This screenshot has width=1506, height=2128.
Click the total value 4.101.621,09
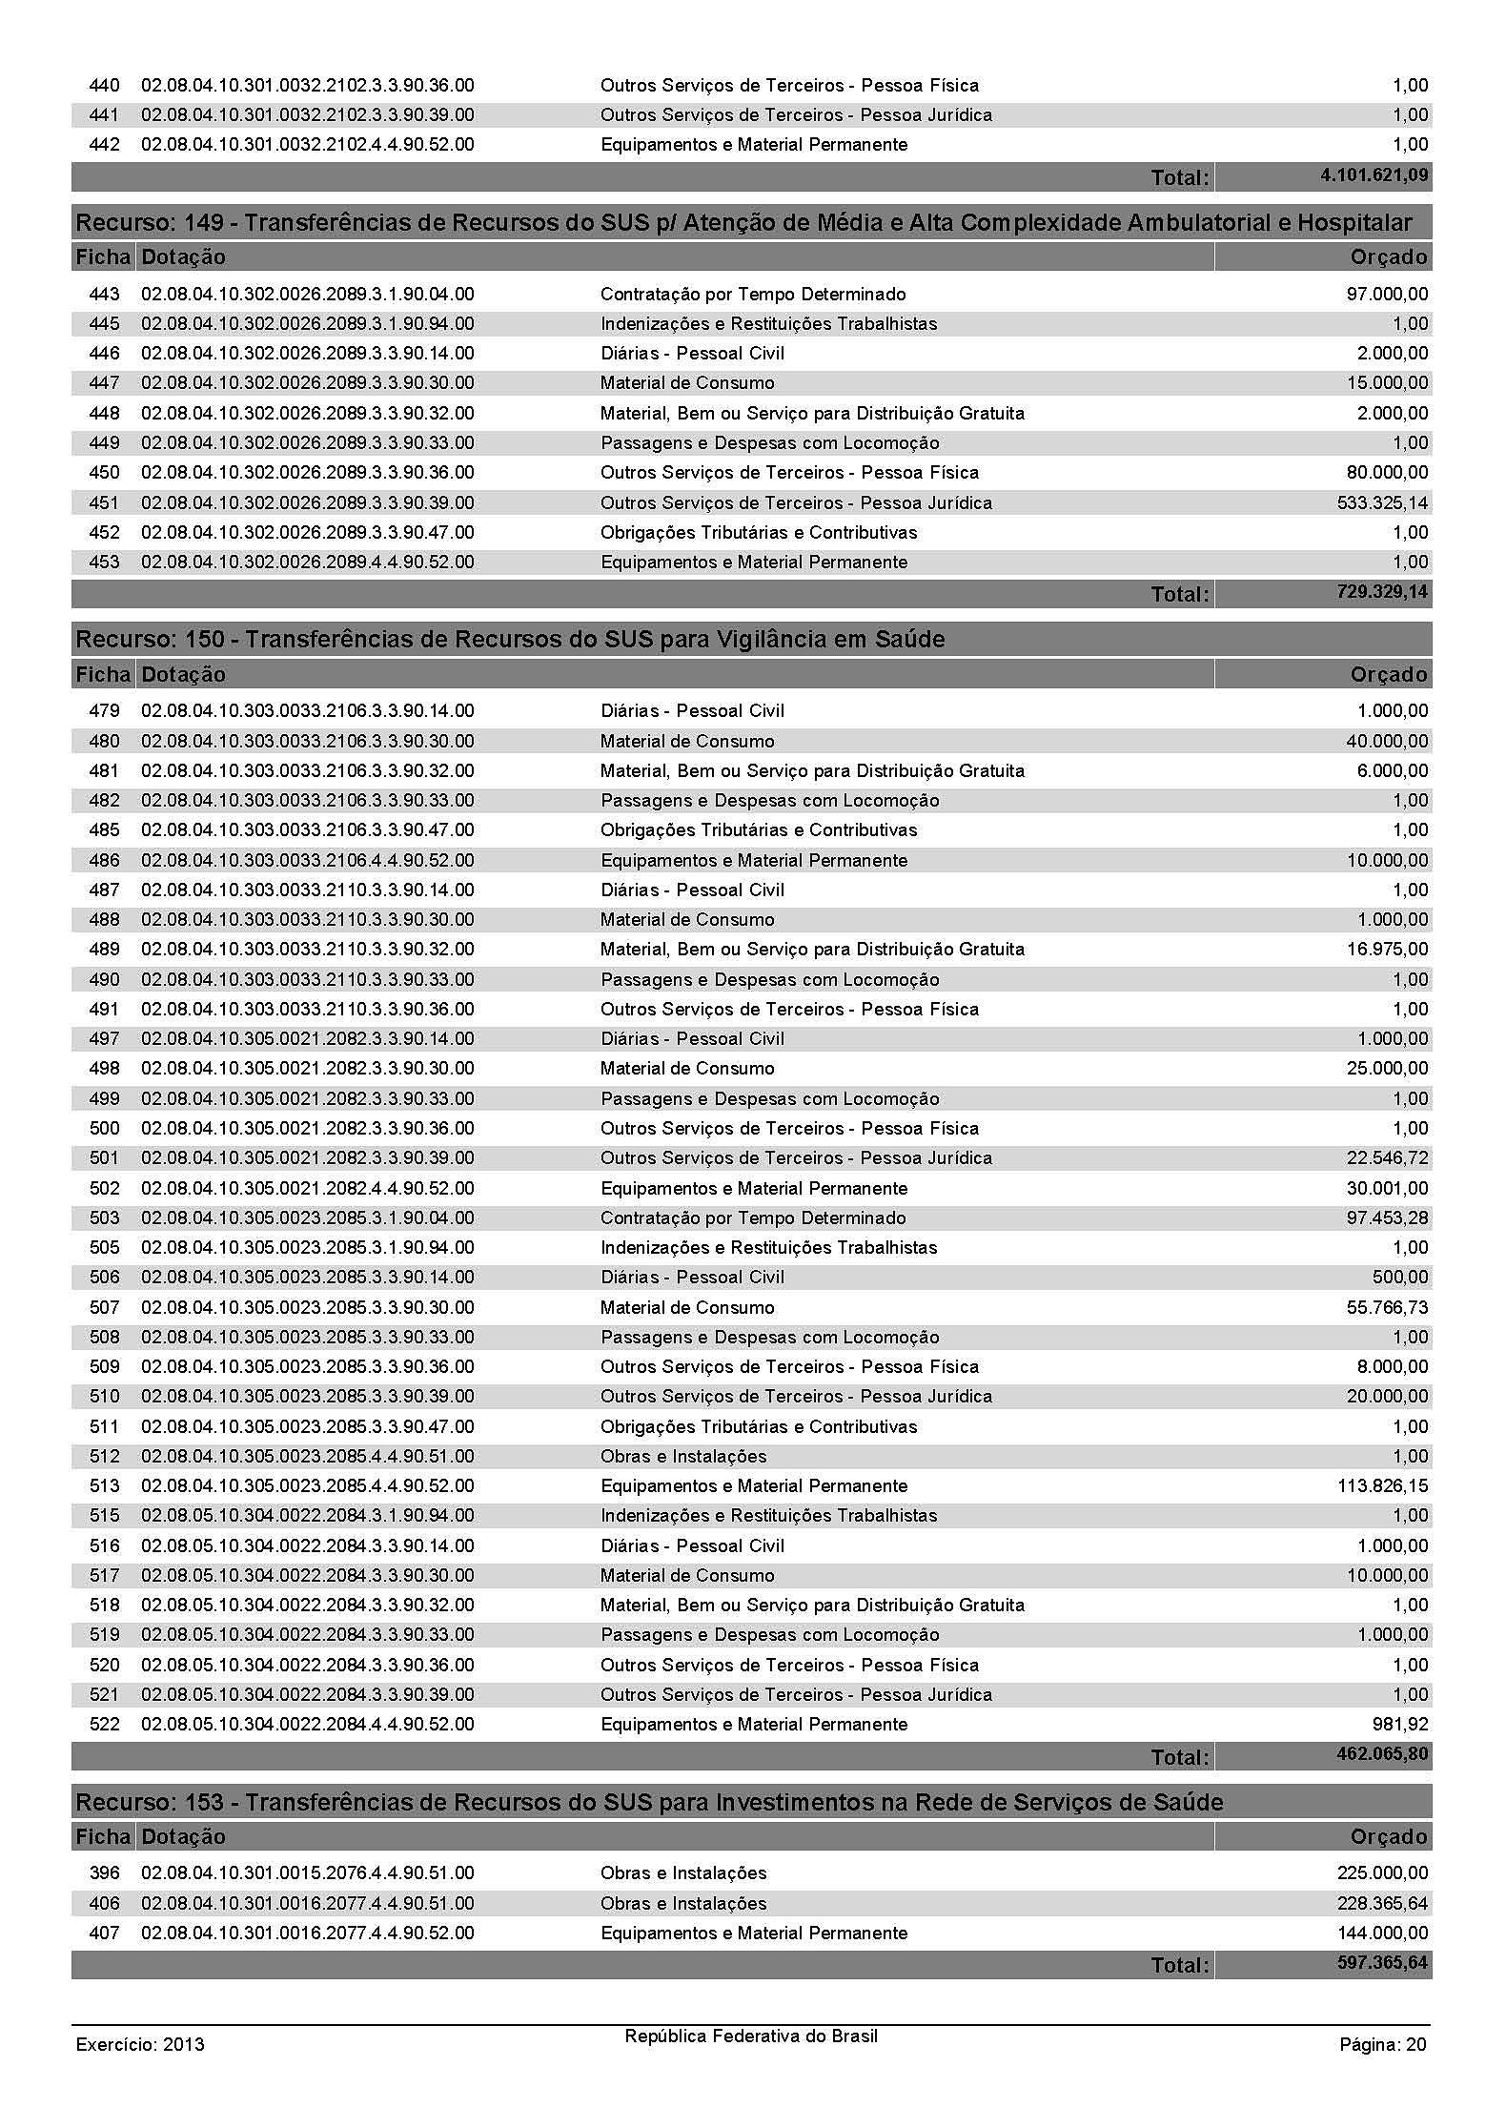pos(1374,175)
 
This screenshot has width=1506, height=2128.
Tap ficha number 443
pos(104,294)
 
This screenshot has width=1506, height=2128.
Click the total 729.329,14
pos(1382,592)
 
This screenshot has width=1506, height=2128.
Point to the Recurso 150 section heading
pos(510,639)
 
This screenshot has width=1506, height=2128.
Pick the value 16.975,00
pos(1387,949)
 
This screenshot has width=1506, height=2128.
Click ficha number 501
pos(104,1157)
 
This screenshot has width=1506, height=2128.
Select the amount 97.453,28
pos(1387,1217)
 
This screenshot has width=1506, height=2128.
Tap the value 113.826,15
pos(1382,1485)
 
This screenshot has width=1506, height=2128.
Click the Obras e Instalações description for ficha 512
pos(683,1456)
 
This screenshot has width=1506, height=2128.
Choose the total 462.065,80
pos(1382,1754)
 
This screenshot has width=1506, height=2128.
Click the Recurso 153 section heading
pos(649,1802)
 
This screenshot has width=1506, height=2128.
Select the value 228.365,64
pos(1382,1903)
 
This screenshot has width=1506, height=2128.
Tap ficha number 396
pos(104,1872)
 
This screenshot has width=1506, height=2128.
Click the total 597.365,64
pos(1382,1963)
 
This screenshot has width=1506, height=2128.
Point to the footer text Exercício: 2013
pos(140,2044)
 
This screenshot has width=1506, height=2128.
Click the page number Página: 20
pos(1383,2044)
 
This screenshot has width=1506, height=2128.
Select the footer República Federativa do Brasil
pos(751,2036)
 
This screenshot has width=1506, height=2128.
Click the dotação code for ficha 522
pos(307,1724)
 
